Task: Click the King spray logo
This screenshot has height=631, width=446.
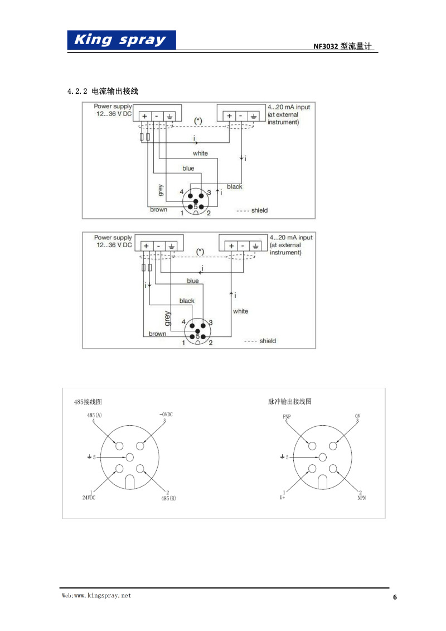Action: tap(122, 40)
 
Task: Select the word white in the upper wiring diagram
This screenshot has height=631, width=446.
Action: tap(200, 153)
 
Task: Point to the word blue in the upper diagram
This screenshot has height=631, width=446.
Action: tap(188, 168)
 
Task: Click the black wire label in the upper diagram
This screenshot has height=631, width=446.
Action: tap(235, 187)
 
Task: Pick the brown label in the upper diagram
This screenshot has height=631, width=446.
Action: tap(158, 210)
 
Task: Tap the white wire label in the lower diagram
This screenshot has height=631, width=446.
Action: tap(240, 311)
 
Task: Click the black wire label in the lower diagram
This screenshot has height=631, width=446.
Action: tap(187, 301)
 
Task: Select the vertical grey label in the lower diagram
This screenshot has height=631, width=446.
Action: tap(167, 318)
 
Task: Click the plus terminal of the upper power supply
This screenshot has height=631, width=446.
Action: tap(145, 116)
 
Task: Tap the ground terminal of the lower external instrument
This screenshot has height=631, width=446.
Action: tap(255, 246)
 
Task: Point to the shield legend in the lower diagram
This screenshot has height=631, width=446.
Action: tap(260, 341)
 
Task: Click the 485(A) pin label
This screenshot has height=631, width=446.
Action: tap(95, 415)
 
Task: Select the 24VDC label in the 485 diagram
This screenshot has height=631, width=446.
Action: tap(89, 498)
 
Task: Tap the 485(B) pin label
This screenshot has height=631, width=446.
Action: tap(168, 498)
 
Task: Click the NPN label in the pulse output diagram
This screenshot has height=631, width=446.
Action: tap(362, 498)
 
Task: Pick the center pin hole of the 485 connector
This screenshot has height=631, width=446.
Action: tap(129, 457)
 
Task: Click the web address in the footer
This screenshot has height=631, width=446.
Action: tap(96, 596)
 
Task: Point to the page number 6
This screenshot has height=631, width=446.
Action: tap(395, 597)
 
